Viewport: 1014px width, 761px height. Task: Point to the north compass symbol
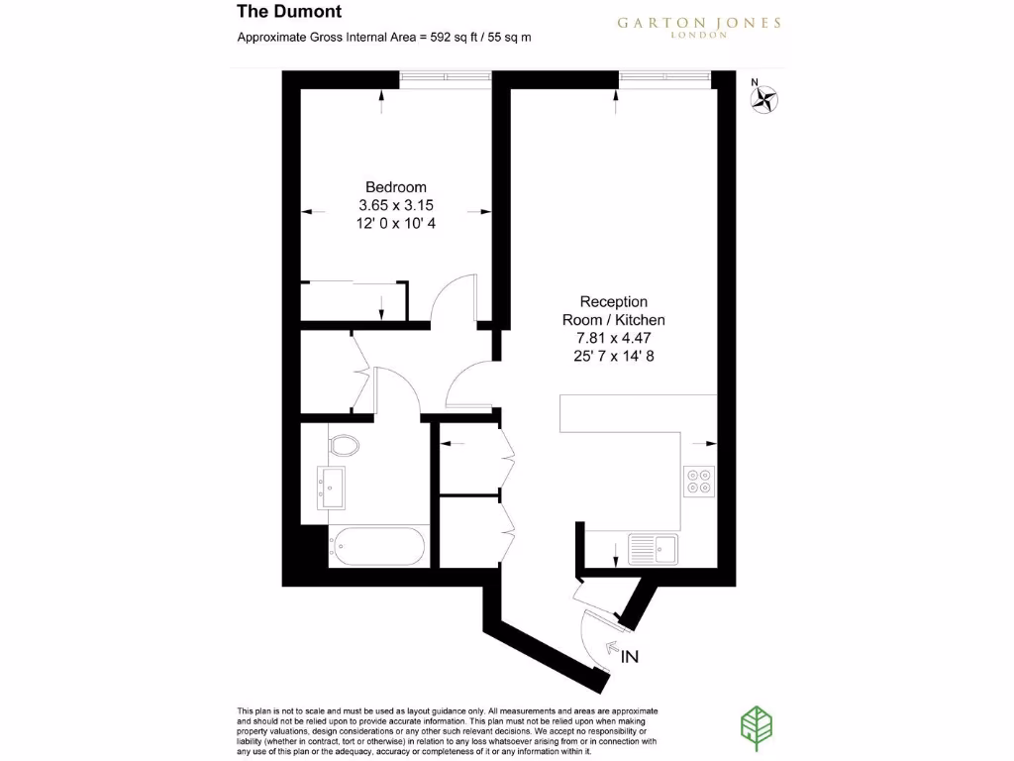tap(764, 97)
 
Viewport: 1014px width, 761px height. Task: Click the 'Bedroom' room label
tap(396, 187)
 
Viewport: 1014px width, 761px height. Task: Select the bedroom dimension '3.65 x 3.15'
tap(396, 205)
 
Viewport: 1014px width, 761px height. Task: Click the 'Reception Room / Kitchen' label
tap(614, 310)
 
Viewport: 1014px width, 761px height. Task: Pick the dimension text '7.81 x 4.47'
tap(614, 339)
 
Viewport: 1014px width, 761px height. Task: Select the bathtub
tap(378, 544)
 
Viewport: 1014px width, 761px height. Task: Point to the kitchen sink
tap(652, 546)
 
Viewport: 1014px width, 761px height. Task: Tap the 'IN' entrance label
tap(630, 656)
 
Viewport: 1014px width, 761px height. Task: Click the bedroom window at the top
tap(446, 75)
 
